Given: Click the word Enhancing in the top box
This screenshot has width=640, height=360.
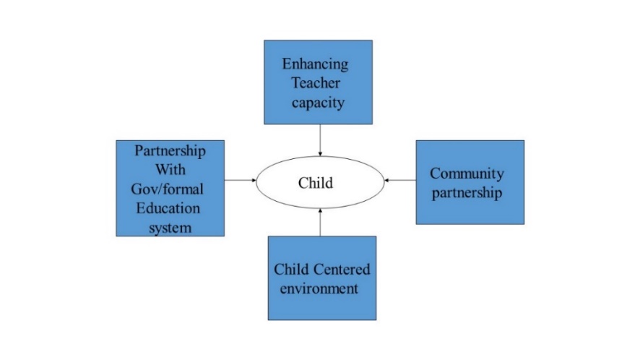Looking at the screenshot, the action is [315, 64].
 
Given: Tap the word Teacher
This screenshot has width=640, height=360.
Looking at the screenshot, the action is [316, 83].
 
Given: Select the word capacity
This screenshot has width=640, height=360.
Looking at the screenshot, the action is [318, 103].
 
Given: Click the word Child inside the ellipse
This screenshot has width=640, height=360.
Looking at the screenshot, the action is [316, 183].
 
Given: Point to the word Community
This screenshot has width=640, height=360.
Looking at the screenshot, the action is [467, 173].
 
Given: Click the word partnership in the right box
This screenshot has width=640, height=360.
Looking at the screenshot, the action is [467, 193].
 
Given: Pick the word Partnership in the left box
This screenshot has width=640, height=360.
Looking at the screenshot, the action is [170, 151].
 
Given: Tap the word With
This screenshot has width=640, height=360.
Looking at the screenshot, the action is [170, 170].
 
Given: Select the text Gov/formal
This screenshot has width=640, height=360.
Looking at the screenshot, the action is [168, 189].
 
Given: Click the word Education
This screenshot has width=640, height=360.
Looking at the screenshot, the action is [168, 208].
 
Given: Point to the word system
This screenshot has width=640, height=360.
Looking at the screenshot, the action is [170, 228].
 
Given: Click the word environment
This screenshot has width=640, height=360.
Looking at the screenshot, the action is [319, 288].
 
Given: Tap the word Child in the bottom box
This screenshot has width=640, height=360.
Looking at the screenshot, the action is [291, 270].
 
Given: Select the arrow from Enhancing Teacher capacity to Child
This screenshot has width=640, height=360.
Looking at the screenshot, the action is [320, 140].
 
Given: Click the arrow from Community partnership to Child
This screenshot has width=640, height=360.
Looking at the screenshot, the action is [400, 180].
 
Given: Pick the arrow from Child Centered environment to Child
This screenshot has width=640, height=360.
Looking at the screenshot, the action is [320, 222].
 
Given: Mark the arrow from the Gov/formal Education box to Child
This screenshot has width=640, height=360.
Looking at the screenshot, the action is [241, 180].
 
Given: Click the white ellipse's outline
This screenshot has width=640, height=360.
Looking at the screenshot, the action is [320, 156].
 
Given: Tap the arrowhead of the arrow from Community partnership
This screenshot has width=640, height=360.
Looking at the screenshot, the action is [386, 180].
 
